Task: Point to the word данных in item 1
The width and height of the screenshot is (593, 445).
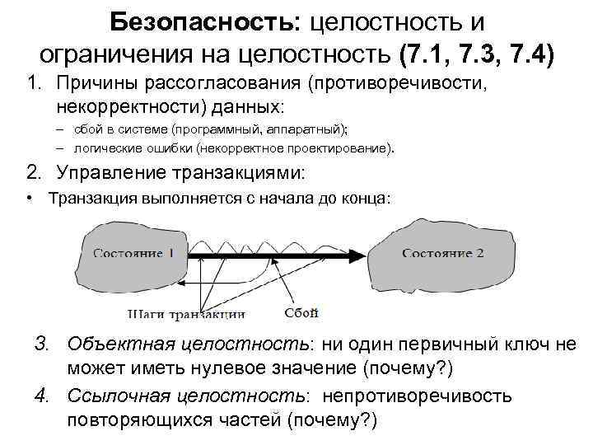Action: click(x=244, y=107)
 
